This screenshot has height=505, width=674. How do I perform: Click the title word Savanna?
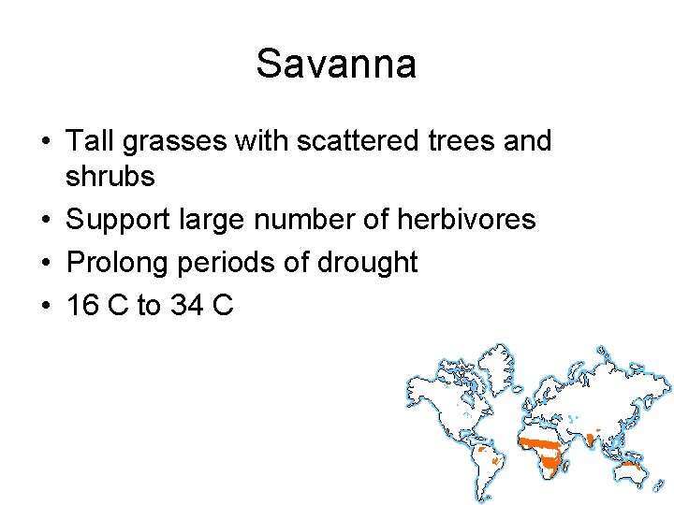(336, 65)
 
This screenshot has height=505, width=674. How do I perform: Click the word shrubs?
(110, 175)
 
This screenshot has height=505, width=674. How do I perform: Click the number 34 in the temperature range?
(188, 306)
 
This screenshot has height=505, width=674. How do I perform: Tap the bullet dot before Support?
(45, 221)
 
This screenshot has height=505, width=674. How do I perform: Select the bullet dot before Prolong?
(45, 264)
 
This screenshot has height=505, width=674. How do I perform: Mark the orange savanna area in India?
(589, 437)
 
